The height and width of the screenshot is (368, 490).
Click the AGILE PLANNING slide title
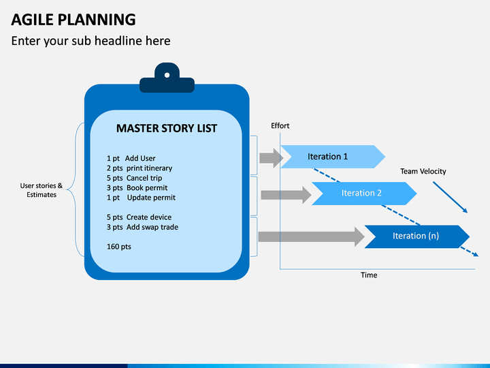coord(73,20)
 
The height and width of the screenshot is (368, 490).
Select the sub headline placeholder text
coord(91,41)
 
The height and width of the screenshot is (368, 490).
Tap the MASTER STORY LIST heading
coord(167,128)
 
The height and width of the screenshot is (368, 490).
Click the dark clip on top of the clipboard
coord(167,78)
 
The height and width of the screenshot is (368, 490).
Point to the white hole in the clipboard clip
coord(167,75)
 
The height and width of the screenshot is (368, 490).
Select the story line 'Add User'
coord(131,158)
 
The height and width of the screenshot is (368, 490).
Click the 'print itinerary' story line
coord(140,168)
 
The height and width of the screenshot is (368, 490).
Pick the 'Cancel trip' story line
coord(134,178)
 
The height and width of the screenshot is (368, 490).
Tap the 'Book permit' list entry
coord(137,188)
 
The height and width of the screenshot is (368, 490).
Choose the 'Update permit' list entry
coord(141,198)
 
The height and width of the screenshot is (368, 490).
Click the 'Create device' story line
coord(139,217)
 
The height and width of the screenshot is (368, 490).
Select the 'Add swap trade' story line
coord(142,227)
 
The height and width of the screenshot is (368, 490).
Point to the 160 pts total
coord(119,247)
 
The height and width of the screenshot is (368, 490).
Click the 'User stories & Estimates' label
coord(42,190)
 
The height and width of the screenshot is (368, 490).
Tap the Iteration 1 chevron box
coord(333,157)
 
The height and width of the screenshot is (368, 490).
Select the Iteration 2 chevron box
coord(364,194)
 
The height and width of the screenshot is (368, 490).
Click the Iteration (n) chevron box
coord(417,236)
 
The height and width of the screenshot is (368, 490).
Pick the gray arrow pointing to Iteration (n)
coord(312,237)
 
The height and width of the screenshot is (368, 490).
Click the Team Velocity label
coord(423,171)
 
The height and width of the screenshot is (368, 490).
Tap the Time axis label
coord(369,275)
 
